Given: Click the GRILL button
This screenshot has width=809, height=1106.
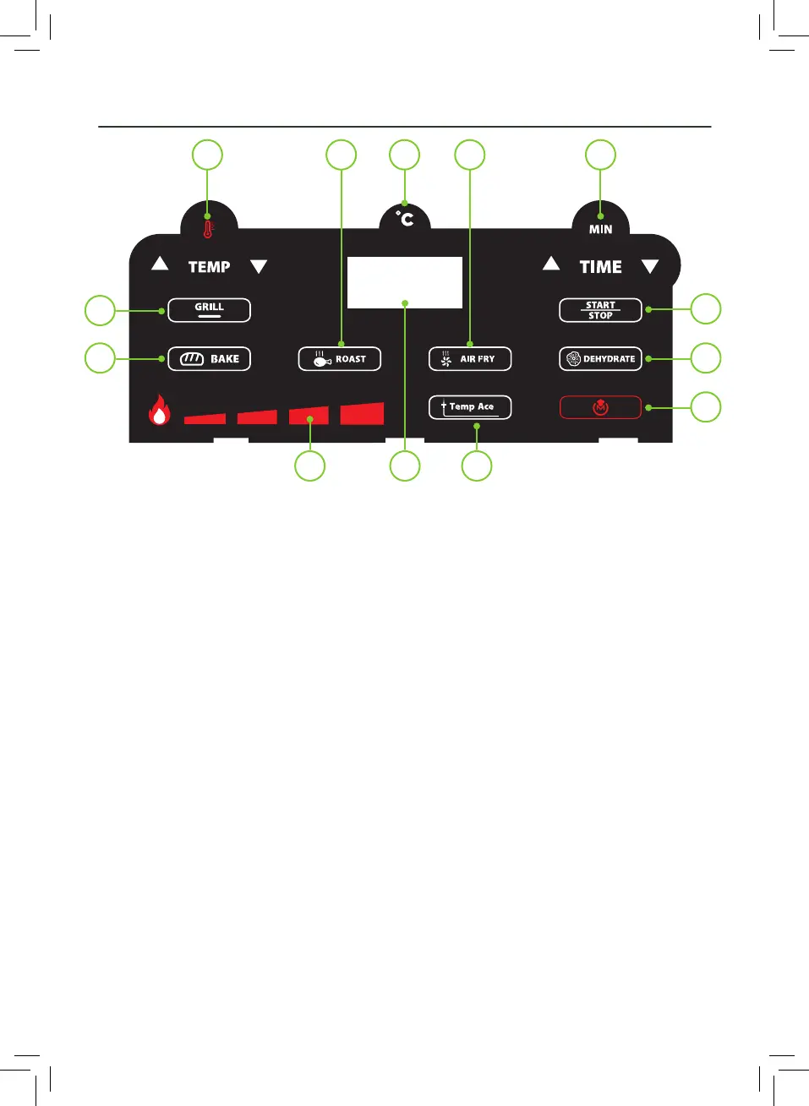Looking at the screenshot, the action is (209, 310).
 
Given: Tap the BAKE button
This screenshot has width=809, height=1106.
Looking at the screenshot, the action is (209, 359).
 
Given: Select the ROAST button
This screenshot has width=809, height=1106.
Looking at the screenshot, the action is (339, 359).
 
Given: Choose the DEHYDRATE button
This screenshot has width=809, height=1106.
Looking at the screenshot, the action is (600, 359).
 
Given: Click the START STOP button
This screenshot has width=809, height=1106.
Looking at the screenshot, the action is (600, 310).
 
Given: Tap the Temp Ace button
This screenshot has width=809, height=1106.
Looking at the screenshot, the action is (470, 407).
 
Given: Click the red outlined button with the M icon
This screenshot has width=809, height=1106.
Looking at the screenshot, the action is (600, 408).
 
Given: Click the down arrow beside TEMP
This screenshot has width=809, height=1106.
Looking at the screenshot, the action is (259, 267).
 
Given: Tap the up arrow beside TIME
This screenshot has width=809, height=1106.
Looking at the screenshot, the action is (551, 264).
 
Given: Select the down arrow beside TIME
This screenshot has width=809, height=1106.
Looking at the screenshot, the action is (649, 267).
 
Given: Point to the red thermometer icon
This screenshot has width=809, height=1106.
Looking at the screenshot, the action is (208, 229).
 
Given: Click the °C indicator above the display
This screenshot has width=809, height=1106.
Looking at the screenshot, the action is (406, 219).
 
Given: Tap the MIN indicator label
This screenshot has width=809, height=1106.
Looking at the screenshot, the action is (600, 229).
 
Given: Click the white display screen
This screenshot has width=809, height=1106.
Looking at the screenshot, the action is (405, 282).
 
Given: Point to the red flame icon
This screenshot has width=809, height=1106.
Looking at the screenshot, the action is (159, 411).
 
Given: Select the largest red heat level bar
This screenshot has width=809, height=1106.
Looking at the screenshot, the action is (362, 414).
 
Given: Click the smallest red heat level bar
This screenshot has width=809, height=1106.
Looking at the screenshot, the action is (205, 418).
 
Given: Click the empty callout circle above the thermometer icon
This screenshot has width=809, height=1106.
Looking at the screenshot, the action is (207, 155).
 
